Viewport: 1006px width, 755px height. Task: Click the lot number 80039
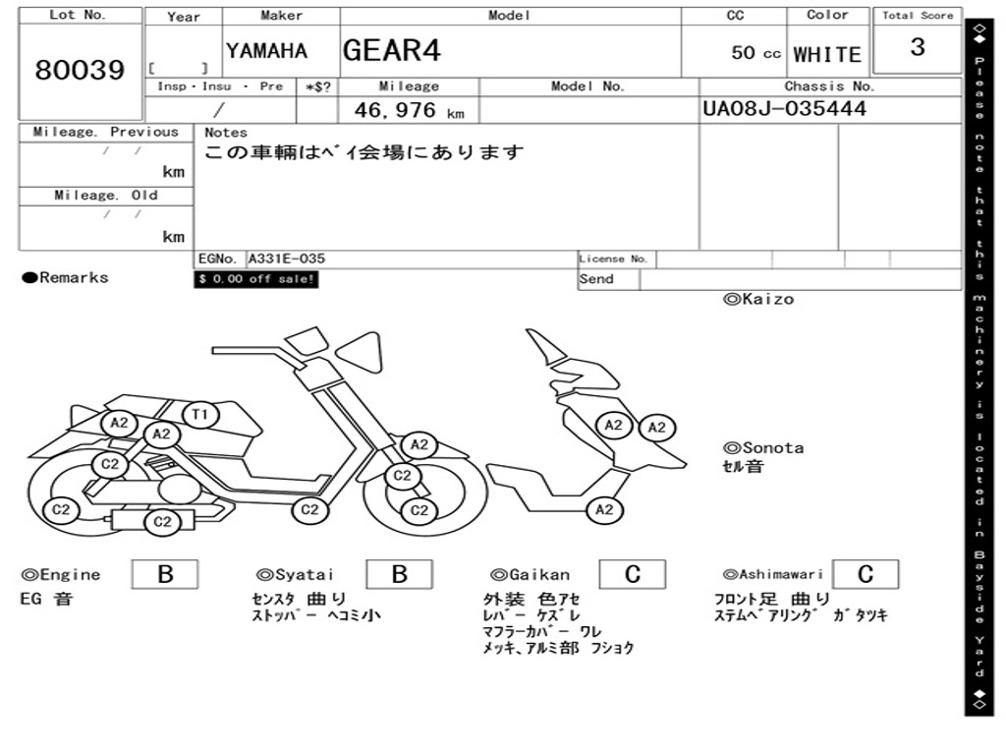pyautogui.click(x=80, y=71)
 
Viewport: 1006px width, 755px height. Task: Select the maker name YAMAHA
pyautogui.click(x=266, y=51)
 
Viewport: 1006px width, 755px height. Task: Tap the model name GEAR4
pyautogui.click(x=392, y=50)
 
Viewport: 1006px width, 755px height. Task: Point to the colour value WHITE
pyautogui.click(x=827, y=54)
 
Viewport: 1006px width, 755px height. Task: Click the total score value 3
pyautogui.click(x=917, y=47)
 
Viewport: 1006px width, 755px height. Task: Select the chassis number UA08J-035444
pyautogui.click(x=785, y=108)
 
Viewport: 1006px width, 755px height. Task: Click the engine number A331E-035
pyautogui.click(x=286, y=260)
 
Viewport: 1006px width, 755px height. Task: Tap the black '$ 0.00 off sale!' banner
pyautogui.click(x=256, y=279)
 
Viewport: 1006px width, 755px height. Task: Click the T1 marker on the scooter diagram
pyautogui.click(x=199, y=415)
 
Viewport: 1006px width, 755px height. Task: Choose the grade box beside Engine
pyautogui.click(x=165, y=574)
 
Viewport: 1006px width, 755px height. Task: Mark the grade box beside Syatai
pyautogui.click(x=399, y=574)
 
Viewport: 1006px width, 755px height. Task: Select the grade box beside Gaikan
pyautogui.click(x=632, y=574)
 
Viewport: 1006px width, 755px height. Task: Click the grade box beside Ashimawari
pyautogui.click(x=865, y=574)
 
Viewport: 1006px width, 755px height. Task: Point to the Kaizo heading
pyautogui.click(x=758, y=299)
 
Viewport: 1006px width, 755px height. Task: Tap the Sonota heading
pyautogui.click(x=763, y=448)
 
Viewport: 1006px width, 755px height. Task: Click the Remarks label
pyautogui.click(x=66, y=278)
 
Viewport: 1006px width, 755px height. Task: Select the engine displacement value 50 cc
pyautogui.click(x=755, y=53)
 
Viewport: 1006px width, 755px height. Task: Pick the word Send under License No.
pyautogui.click(x=596, y=279)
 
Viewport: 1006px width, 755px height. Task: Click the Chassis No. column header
pyautogui.click(x=829, y=87)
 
